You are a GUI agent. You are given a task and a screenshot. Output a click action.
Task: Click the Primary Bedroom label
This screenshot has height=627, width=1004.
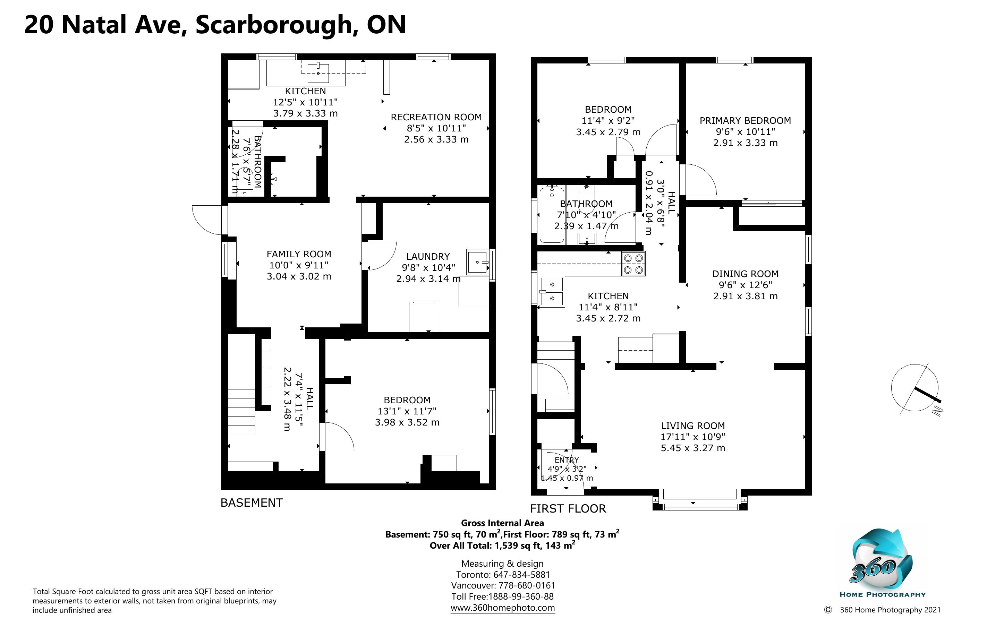(745, 121)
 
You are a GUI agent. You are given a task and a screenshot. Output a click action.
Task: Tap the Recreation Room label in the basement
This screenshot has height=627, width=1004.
(436, 117)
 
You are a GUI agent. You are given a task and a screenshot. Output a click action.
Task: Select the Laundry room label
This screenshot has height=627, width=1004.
(428, 257)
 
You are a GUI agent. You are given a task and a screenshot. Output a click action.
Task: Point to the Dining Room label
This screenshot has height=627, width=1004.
(745, 274)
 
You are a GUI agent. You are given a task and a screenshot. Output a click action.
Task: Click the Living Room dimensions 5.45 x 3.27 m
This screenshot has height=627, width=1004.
(692, 448)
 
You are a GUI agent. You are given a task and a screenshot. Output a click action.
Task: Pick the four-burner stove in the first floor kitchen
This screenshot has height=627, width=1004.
(633, 264)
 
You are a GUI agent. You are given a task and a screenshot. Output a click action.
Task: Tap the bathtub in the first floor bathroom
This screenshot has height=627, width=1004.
(552, 215)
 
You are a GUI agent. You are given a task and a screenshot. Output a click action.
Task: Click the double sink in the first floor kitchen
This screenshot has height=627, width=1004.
(552, 292)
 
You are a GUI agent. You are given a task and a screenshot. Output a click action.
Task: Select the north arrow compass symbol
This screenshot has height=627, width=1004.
(916, 389)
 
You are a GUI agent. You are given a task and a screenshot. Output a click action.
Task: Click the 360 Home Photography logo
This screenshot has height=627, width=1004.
(882, 562)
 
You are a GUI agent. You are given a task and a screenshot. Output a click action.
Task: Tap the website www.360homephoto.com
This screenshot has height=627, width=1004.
(503, 608)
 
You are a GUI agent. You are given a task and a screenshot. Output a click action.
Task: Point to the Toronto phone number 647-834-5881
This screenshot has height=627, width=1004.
(521, 575)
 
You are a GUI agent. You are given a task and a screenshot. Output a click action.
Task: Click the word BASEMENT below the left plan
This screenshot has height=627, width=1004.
(252, 503)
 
